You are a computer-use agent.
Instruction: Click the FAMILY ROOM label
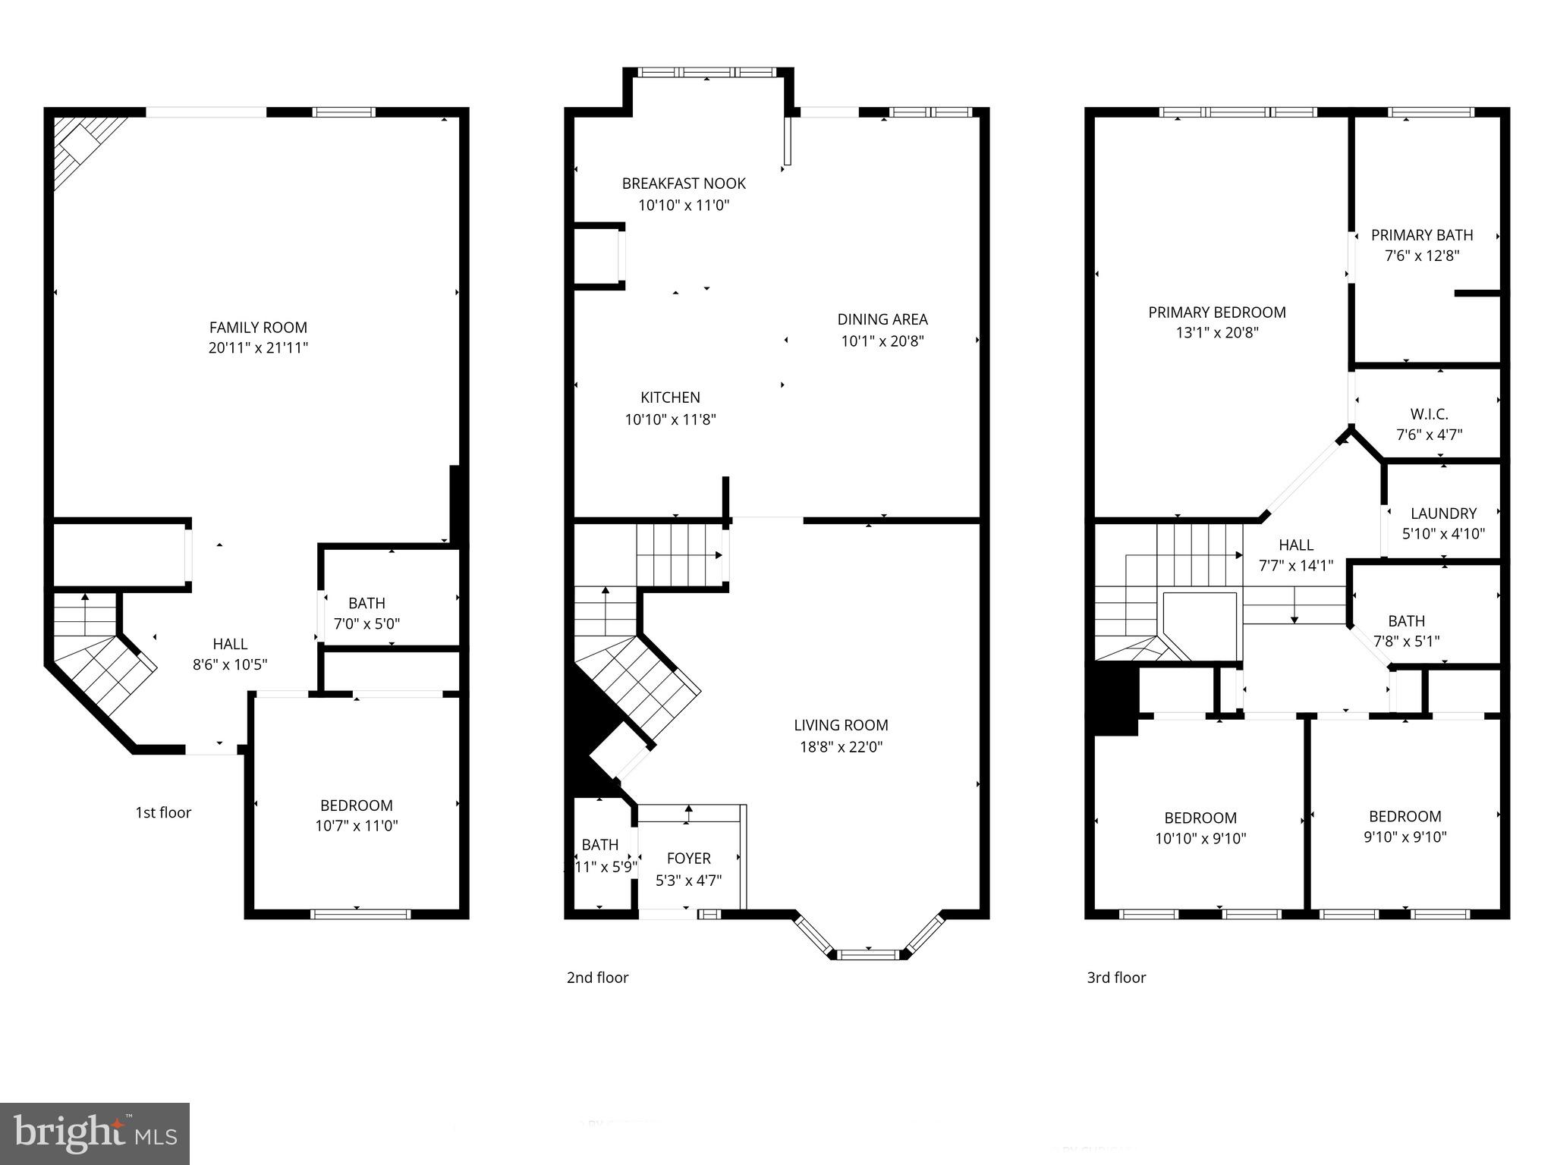click(x=258, y=328)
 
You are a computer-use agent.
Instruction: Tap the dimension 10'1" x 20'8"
click(x=882, y=341)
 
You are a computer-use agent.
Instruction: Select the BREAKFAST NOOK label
click(x=684, y=184)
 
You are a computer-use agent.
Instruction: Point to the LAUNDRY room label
click(x=1443, y=513)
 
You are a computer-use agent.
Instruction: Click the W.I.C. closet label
click(x=1429, y=414)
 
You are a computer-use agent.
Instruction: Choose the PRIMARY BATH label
click(x=1422, y=235)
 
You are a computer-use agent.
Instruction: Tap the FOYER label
click(x=688, y=859)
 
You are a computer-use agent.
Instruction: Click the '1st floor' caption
click(x=163, y=812)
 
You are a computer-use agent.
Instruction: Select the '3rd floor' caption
click(x=1116, y=978)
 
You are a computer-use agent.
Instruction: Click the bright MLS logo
click(x=95, y=1134)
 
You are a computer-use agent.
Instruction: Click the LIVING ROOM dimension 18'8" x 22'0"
click(x=841, y=747)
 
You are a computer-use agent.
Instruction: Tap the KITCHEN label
click(x=670, y=397)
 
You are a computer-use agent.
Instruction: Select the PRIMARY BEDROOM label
click(x=1216, y=312)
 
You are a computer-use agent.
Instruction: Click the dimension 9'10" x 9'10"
click(x=1405, y=837)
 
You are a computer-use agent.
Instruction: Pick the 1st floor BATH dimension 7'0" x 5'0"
click(x=366, y=624)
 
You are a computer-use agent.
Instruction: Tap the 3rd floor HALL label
click(x=1295, y=545)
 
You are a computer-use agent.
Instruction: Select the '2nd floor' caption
click(x=597, y=978)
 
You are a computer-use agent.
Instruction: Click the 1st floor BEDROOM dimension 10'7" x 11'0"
click(x=357, y=826)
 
